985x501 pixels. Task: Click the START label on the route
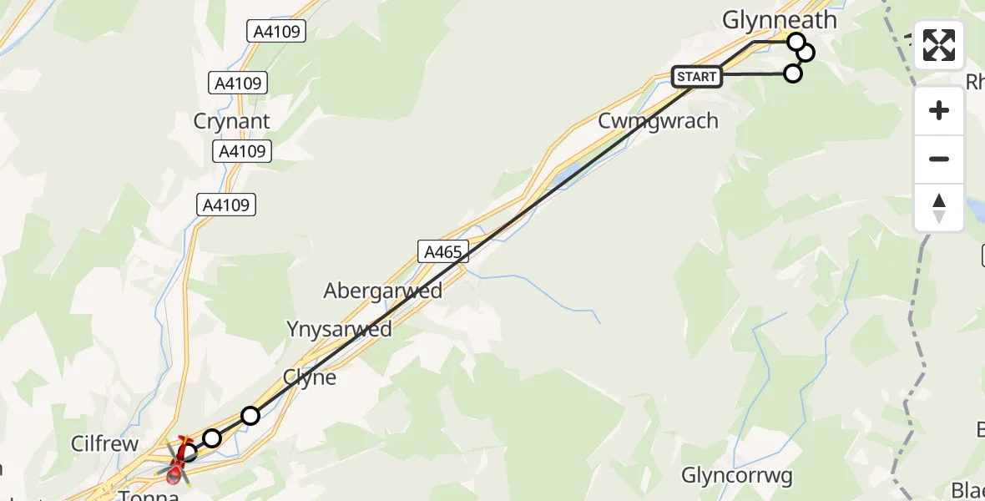[697, 77]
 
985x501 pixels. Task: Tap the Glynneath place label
[779, 20]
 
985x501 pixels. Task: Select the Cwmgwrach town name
[658, 121]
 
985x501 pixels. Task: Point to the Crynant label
[231, 121]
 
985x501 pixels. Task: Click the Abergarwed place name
[383, 291]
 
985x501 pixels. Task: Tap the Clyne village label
[310, 377]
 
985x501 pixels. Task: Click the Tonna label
[149, 495]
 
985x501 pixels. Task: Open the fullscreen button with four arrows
[939, 45]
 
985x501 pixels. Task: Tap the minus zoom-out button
[939, 159]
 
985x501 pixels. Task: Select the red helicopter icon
[177, 460]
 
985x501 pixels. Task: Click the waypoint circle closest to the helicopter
[189, 453]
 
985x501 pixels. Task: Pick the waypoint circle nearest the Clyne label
[250, 416]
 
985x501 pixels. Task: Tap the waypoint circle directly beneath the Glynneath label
[796, 42]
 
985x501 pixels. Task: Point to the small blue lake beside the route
[565, 174]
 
